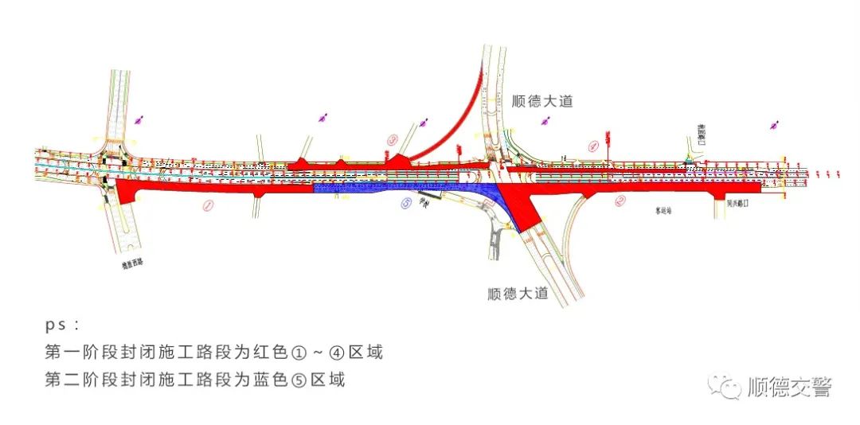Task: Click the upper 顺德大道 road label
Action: [x=539, y=101]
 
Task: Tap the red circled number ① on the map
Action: [x=208, y=205]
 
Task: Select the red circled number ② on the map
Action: [x=620, y=201]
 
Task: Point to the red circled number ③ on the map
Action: [x=392, y=139]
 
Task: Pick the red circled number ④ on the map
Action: [x=592, y=146]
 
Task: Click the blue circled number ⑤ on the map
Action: [x=406, y=203]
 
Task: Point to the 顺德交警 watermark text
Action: [x=789, y=387]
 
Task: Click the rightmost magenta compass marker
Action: [x=773, y=124]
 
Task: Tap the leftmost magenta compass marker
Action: [x=140, y=119]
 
